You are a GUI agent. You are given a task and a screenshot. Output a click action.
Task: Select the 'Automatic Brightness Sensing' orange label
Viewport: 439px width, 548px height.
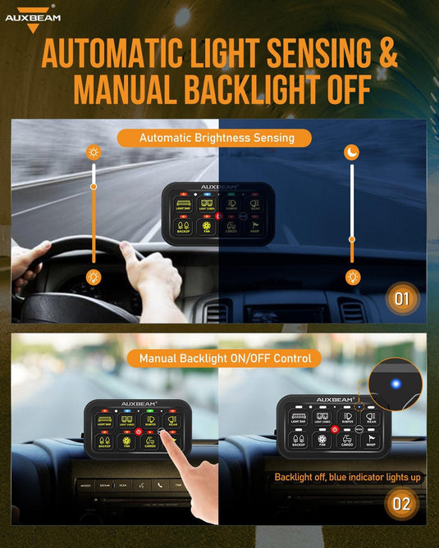(x=217, y=138)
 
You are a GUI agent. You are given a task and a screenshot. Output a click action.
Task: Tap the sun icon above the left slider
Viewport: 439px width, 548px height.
(x=94, y=153)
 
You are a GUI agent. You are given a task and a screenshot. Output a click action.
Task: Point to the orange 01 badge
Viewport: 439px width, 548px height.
(x=401, y=299)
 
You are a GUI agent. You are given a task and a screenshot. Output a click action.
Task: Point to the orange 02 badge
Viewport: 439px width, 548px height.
(x=401, y=503)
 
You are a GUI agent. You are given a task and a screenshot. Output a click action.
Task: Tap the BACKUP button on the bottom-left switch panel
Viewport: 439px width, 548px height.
(x=105, y=443)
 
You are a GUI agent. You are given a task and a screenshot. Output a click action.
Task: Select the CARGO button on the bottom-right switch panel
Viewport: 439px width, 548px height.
(x=347, y=442)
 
